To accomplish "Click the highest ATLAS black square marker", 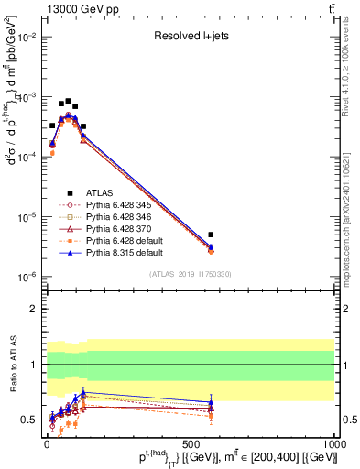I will click(x=68, y=101).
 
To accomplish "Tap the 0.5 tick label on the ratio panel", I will click(x=30, y=420).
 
